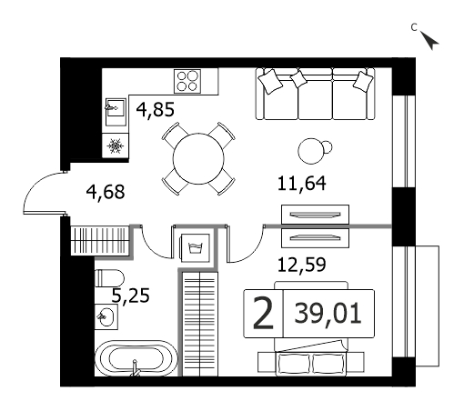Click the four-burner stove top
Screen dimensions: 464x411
pyautogui.click(x=187, y=81)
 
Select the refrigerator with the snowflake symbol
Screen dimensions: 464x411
pyautogui.click(x=116, y=145)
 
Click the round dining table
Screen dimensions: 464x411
pyautogui.click(x=198, y=158)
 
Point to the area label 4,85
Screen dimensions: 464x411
pyautogui.click(x=156, y=110)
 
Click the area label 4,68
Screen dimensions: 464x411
pyautogui.click(x=106, y=192)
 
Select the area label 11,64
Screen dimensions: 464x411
pyautogui.click(x=302, y=183)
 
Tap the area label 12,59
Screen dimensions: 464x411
pyautogui.click(x=302, y=265)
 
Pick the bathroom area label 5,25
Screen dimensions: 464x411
pyautogui.click(x=131, y=296)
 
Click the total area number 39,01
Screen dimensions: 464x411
pyautogui.click(x=328, y=314)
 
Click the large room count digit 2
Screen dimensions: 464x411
pyautogui.click(x=263, y=314)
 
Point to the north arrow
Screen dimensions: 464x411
pyautogui.click(x=430, y=41)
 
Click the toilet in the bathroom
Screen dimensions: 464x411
pyautogui.click(x=109, y=277)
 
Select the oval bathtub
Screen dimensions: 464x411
pyautogui.click(x=136, y=358)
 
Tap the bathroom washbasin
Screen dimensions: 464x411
pyautogui.click(x=106, y=316)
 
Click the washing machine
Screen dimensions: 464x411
pyautogui.click(x=196, y=248)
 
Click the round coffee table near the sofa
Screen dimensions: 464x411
pyautogui.click(x=311, y=151)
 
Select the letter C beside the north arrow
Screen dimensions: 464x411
pyautogui.click(x=414, y=27)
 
